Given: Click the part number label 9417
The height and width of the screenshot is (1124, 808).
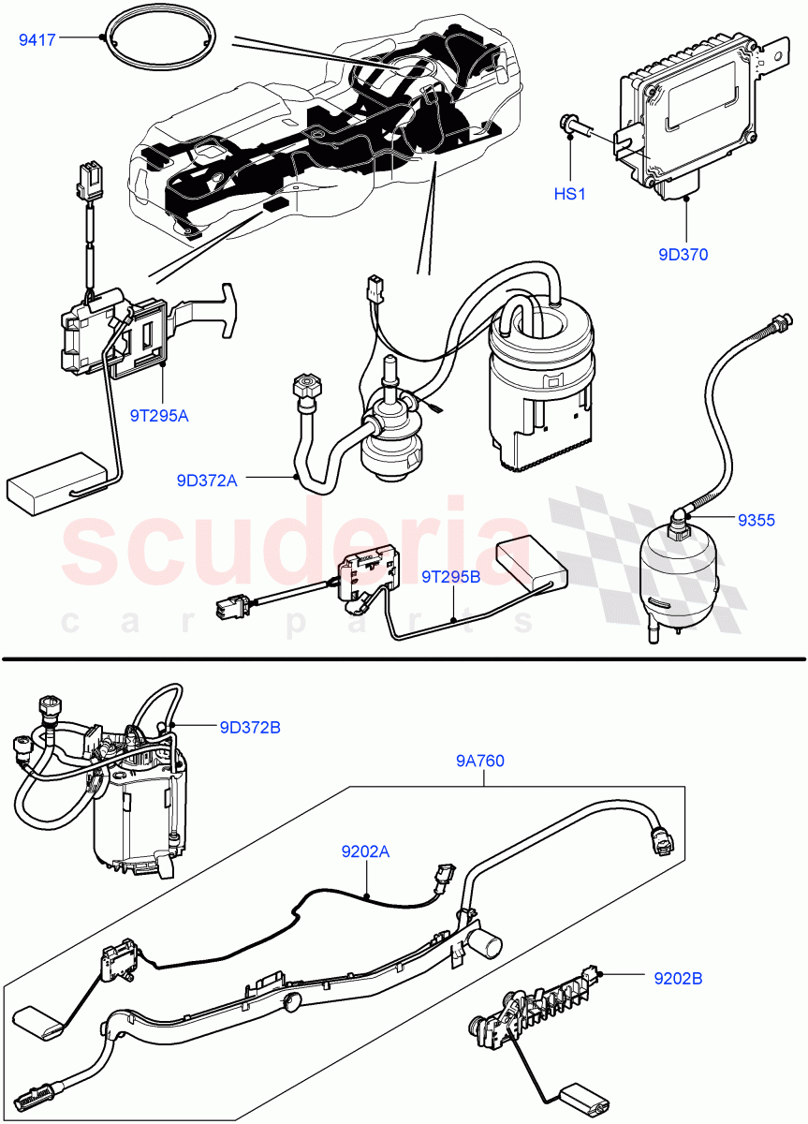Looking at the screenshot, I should tap(37, 39).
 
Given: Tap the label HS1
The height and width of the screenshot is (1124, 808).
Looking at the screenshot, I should tap(569, 194).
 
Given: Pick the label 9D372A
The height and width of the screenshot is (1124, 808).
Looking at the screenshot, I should tap(207, 481).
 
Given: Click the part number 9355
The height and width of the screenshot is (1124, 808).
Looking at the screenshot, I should tap(756, 521).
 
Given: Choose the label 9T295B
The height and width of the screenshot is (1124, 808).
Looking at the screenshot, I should tap(450, 578).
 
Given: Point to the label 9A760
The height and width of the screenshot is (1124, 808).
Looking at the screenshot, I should tap(480, 761).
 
